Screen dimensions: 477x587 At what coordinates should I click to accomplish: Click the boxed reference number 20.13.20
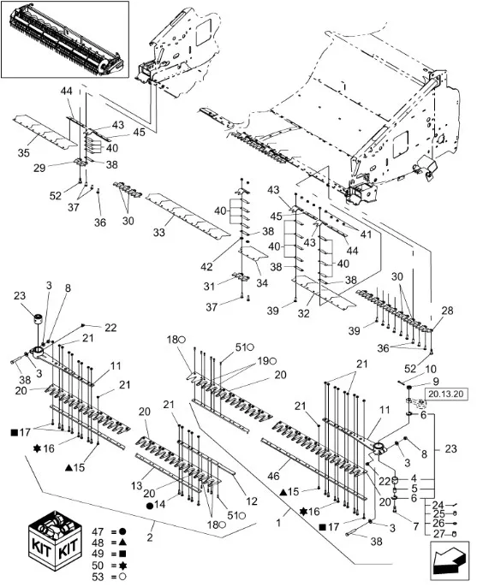coord(446,394)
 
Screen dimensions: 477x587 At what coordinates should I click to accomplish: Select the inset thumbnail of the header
coord(65,39)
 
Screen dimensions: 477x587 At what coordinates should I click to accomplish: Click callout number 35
coord(24,152)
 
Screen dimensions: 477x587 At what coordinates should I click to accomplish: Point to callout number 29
coord(39,168)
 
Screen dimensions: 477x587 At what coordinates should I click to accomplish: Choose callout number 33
coord(159,232)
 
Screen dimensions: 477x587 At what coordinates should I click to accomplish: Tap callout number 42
coord(206,267)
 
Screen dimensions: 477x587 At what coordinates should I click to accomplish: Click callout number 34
coord(262,282)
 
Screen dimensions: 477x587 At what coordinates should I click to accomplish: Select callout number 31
coord(209,287)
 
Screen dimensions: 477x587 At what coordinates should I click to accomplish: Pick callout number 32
coord(303,313)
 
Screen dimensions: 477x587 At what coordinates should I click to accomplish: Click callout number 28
coord(447,311)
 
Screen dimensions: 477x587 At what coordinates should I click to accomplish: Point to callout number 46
coord(273,476)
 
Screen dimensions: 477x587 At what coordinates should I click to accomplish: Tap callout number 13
coord(137,485)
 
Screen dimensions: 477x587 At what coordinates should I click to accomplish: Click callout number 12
coord(252,501)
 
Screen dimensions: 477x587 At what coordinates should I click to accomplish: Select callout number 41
coord(366,234)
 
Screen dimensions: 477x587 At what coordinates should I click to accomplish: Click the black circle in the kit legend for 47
coord(122,531)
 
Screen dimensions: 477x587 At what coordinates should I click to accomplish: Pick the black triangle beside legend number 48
coord(122,543)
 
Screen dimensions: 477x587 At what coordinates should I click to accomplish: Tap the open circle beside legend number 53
coord(122,577)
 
